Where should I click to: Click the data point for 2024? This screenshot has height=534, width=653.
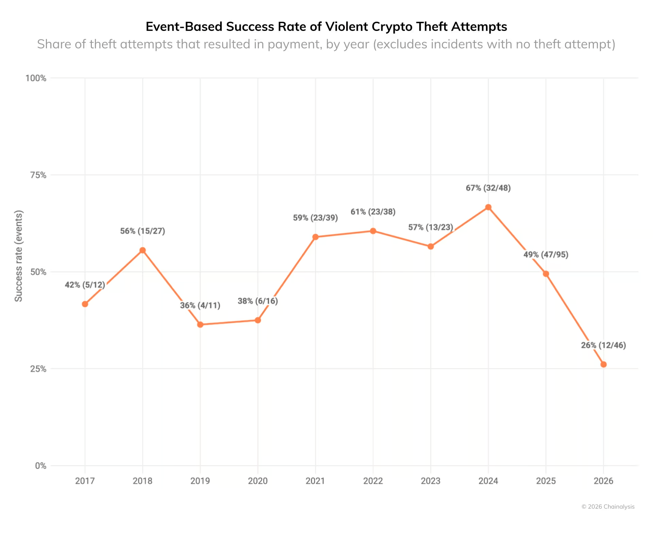488,207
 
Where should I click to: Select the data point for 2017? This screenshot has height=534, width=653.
85,304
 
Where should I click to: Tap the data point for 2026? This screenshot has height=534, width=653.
603,364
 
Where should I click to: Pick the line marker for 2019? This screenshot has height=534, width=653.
200,325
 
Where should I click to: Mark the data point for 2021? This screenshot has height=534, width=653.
315,237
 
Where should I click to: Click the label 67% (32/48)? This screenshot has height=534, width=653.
488,188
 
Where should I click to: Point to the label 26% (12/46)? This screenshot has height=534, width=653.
603,345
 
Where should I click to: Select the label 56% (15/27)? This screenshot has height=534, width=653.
143,231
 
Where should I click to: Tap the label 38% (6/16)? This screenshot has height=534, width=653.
258,301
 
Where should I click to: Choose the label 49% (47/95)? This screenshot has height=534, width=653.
546,255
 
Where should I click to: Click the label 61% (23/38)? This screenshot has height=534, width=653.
373,212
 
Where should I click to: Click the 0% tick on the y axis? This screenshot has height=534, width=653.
40,466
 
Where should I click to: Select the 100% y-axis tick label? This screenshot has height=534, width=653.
36,78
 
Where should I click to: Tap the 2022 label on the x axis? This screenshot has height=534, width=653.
373,481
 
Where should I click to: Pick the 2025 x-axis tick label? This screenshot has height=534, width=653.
546,481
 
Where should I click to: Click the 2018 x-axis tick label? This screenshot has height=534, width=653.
143,481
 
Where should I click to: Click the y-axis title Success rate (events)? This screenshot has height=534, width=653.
19,256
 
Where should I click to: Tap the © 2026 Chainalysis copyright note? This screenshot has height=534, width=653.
608,506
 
